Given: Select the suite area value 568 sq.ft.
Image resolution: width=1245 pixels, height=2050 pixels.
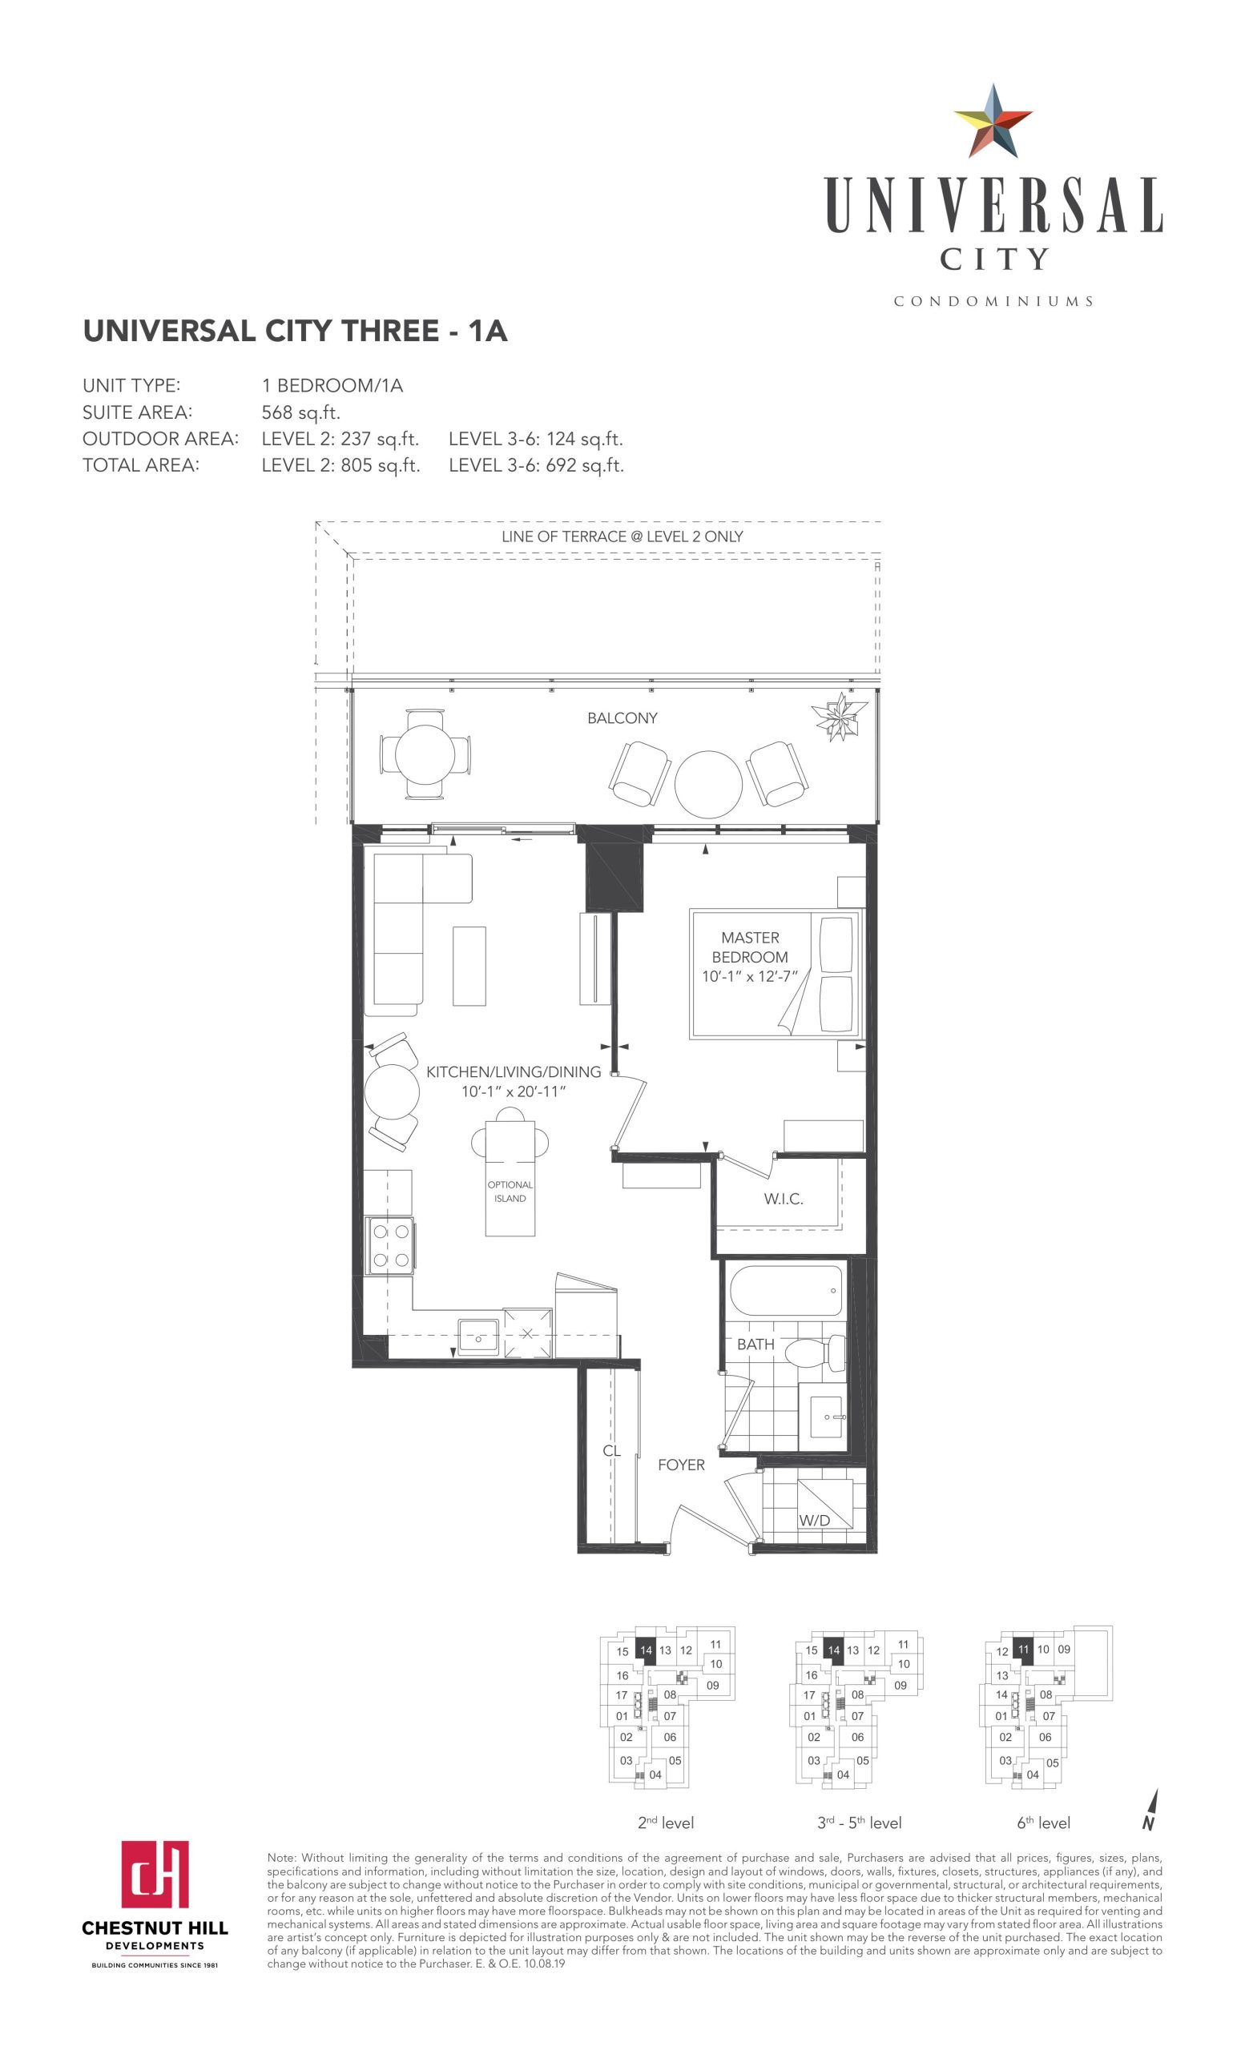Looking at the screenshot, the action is [301, 412].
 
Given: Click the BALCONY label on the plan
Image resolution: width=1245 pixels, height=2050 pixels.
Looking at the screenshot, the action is [622, 718].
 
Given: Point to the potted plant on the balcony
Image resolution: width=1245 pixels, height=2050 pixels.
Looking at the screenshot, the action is [840, 716].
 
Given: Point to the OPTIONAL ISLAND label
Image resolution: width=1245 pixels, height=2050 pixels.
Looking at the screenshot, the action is [510, 1191].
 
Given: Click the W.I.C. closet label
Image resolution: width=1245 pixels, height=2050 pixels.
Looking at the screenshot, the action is [783, 1199].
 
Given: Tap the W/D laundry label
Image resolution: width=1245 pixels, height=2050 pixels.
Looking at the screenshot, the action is [814, 1520].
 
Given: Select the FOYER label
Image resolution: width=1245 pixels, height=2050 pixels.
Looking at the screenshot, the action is [681, 1465].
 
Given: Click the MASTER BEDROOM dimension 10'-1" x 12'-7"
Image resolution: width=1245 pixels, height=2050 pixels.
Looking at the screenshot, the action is [750, 976].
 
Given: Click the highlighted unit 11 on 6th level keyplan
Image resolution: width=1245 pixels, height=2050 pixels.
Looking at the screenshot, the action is [1023, 1649].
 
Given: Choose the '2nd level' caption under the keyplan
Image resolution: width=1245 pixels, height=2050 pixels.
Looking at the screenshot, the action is [665, 1823].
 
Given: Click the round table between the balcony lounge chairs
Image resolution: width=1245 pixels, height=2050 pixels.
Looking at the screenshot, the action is [707, 784].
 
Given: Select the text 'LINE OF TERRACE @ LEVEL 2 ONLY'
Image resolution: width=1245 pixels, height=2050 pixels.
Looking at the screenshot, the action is [622, 537].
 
